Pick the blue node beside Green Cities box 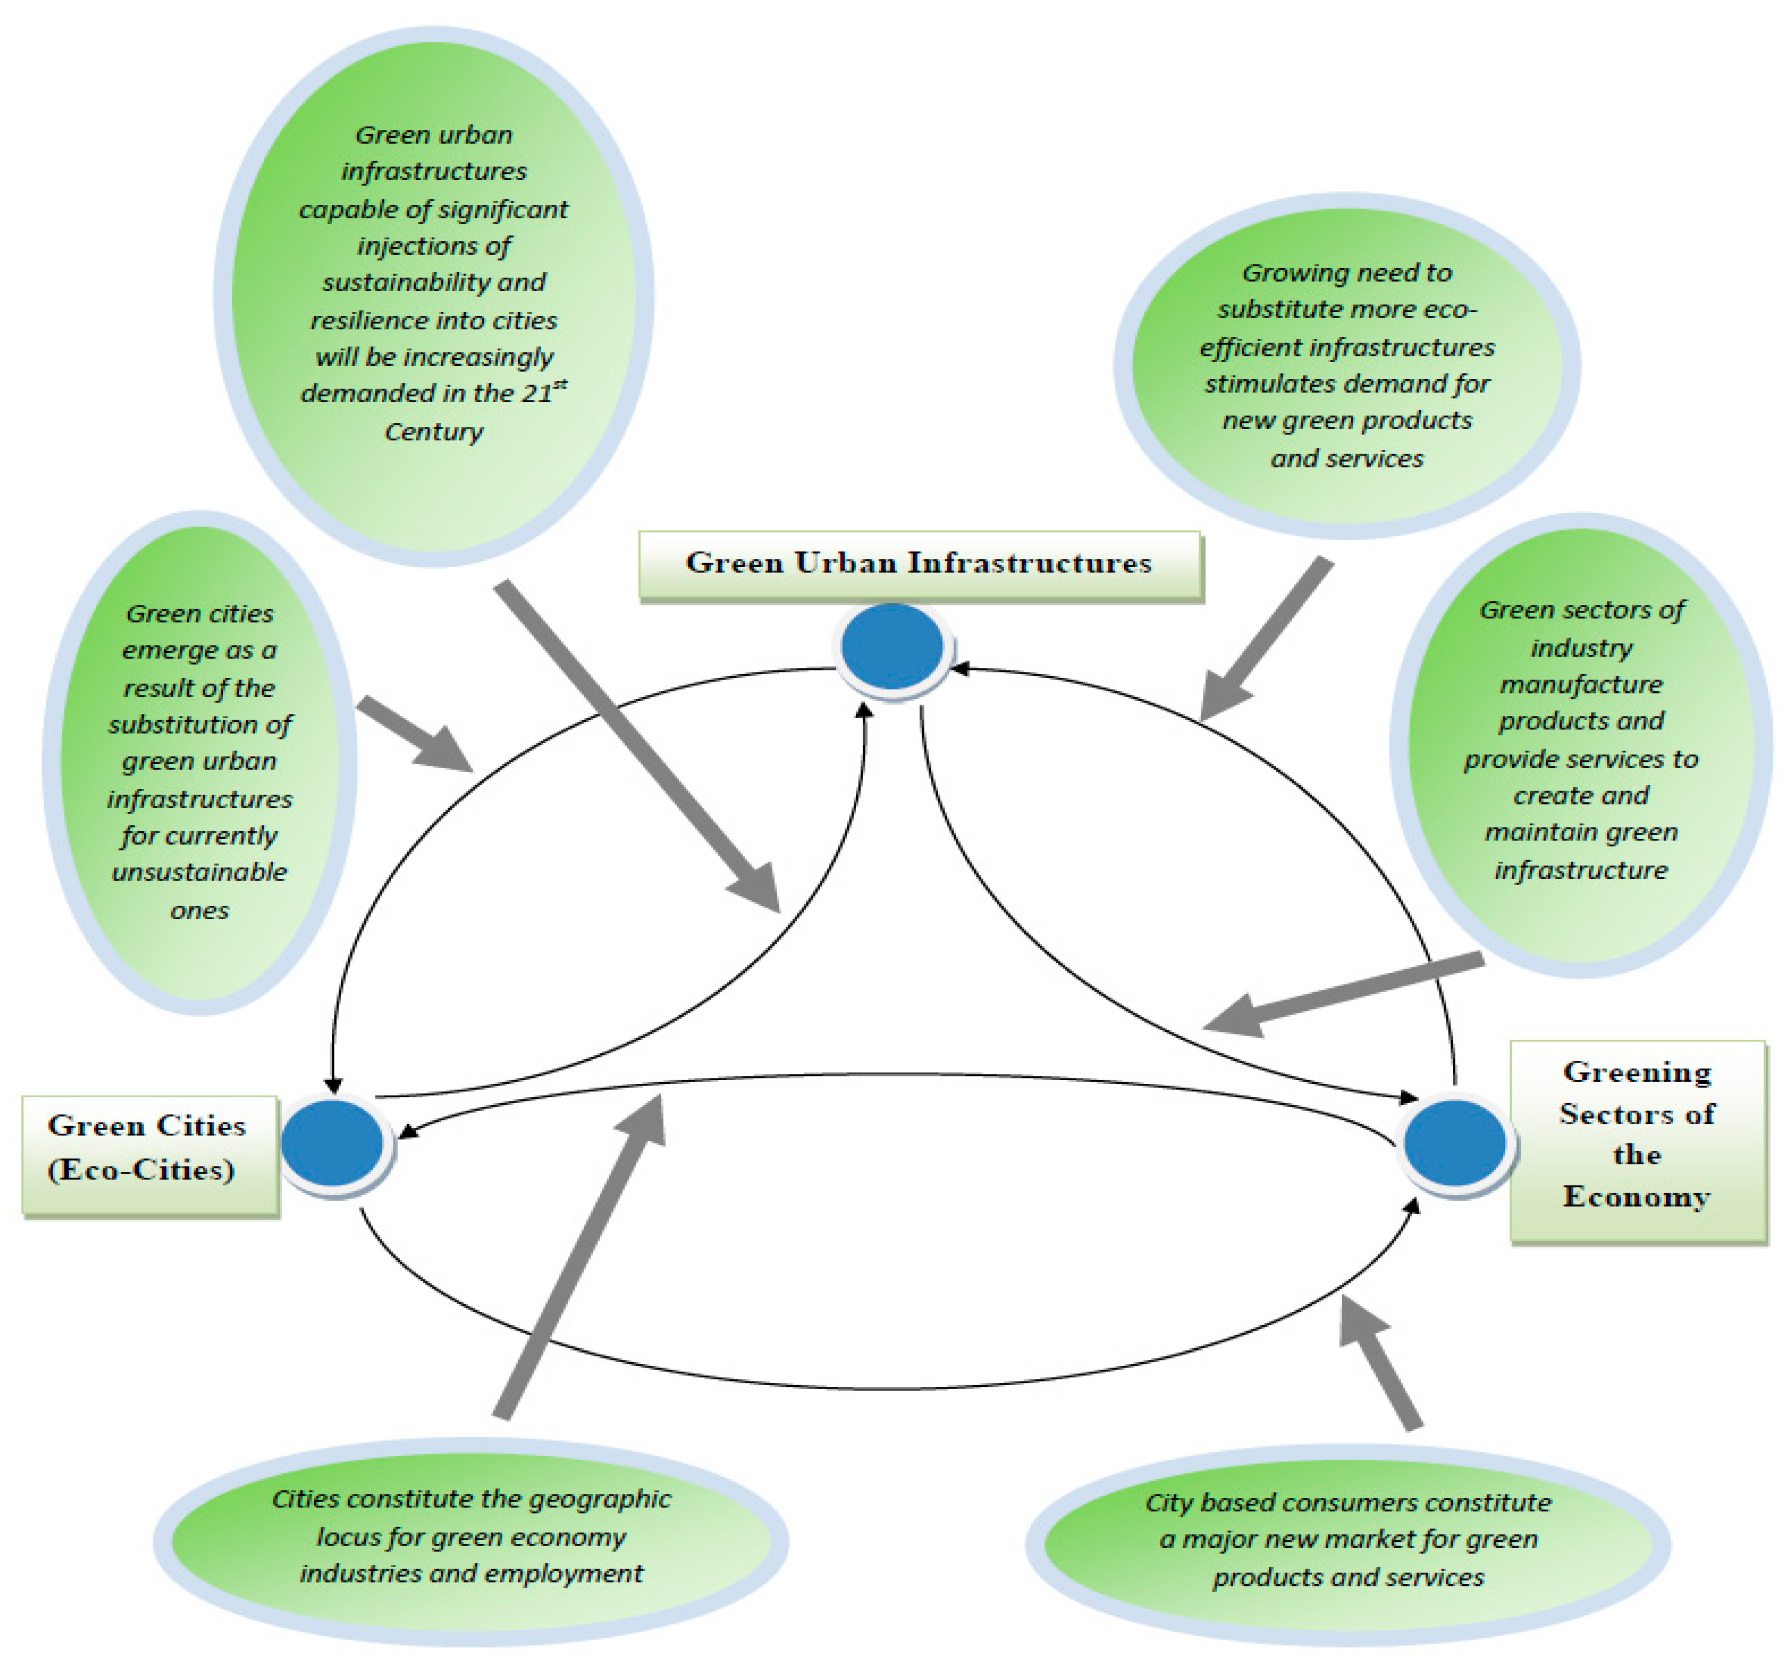(333, 1143)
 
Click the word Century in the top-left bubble (433, 431)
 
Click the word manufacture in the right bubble (1580, 684)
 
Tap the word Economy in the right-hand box (1636, 1196)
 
